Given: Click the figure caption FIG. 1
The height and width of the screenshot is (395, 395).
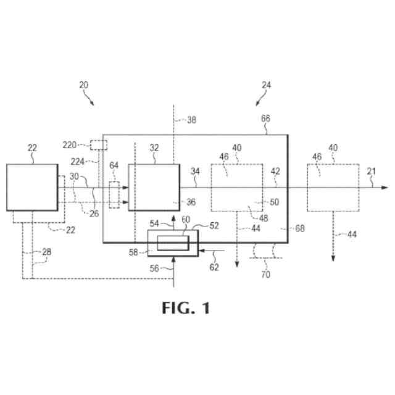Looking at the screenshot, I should click(186, 307).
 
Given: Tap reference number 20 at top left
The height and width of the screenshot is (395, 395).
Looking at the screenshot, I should click(84, 85).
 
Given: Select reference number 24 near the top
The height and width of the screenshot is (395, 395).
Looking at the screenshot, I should click(266, 85).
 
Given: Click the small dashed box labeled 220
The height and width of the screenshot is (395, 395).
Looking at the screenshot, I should click(98, 145).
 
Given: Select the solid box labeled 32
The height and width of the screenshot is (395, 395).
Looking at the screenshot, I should click(154, 187).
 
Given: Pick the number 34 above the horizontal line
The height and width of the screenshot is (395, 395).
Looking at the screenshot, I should click(196, 171).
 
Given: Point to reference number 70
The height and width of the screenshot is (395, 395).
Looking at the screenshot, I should click(265, 274).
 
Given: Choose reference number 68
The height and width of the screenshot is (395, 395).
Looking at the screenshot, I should click(300, 228).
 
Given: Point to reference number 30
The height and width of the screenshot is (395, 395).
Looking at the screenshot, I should click(73, 177).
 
